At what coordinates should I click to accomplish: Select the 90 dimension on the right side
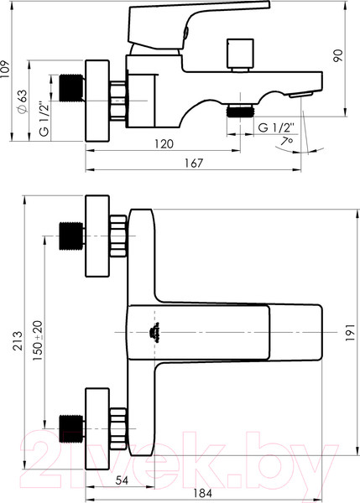338,55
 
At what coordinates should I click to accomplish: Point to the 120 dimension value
164,143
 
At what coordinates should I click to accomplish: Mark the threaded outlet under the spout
243,110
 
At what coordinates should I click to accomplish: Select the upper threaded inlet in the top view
70,236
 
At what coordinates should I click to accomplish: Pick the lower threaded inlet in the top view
70,428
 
